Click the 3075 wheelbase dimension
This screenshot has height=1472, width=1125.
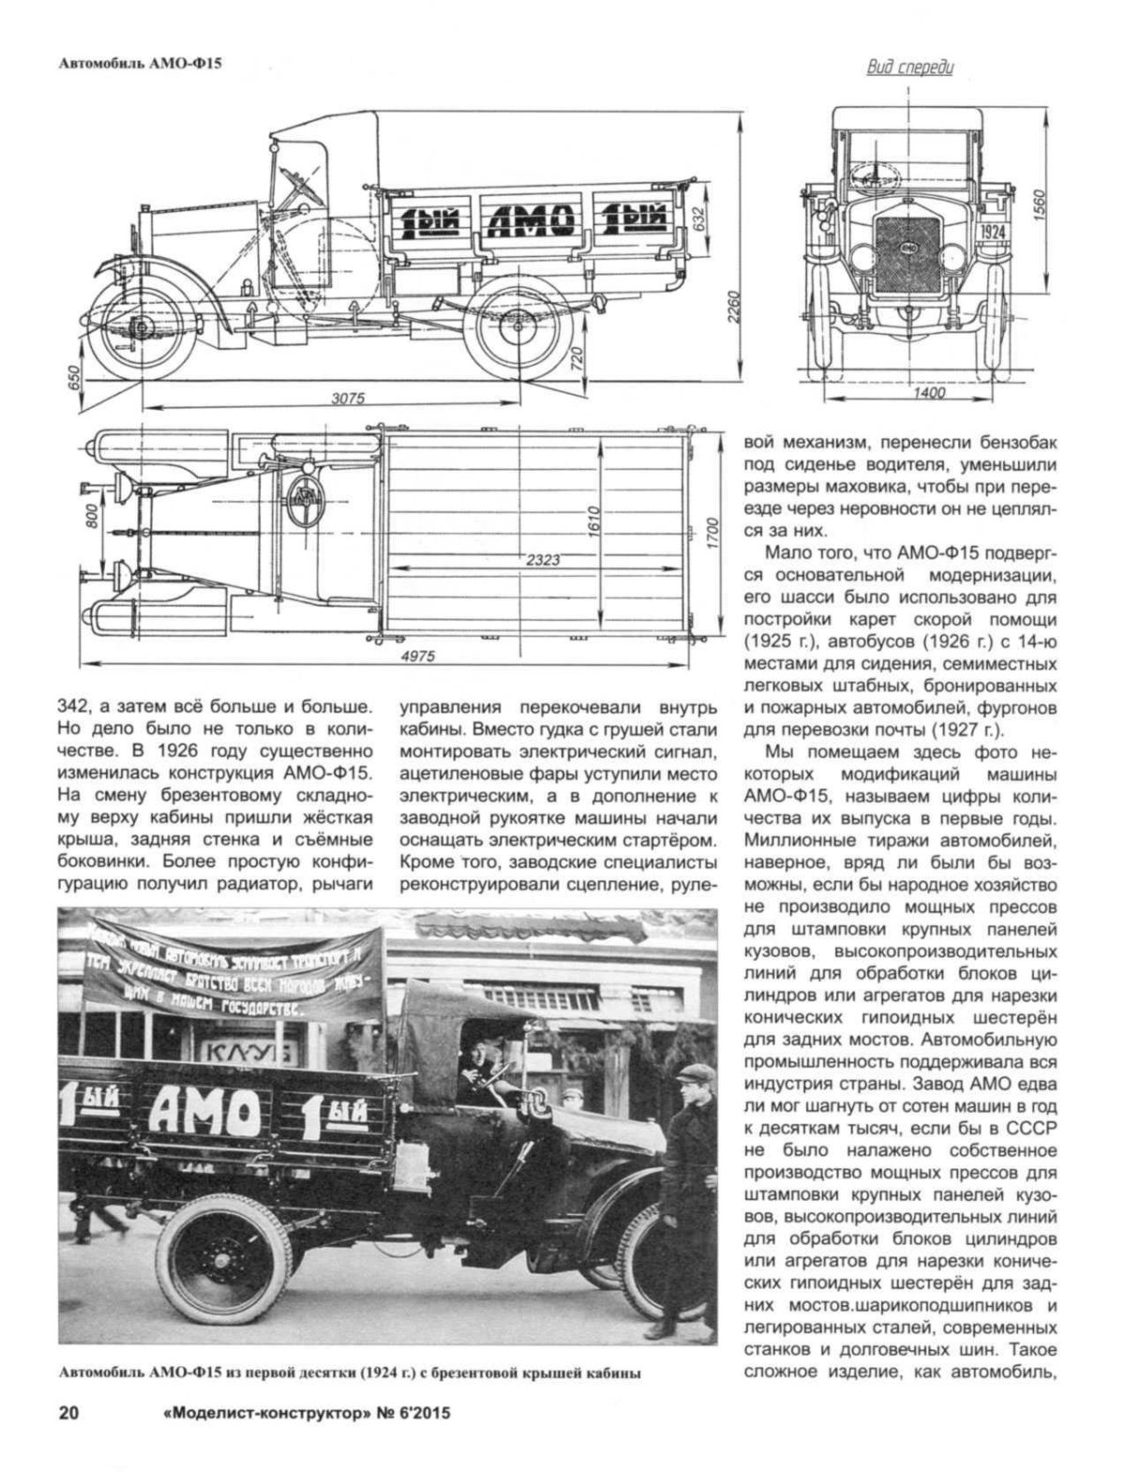point(347,397)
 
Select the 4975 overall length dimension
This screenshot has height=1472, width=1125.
point(416,657)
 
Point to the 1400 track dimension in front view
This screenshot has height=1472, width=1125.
point(928,394)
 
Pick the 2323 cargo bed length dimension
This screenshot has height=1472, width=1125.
point(543,561)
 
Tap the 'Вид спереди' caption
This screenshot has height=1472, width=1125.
point(908,68)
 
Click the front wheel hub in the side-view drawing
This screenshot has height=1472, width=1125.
point(139,327)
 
